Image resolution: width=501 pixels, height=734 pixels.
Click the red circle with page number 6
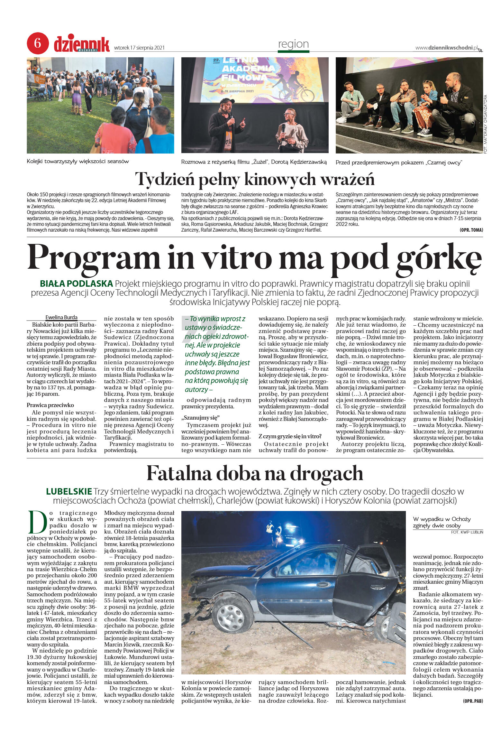[38, 43]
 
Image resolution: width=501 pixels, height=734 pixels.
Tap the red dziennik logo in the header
[81, 44]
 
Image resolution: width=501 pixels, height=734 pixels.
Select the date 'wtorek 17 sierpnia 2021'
[139, 48]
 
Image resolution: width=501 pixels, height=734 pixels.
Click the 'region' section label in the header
[293, 44]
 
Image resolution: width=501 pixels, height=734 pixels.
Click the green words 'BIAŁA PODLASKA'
[76, 283]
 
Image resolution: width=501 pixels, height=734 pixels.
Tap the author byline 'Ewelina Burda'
[61, 317]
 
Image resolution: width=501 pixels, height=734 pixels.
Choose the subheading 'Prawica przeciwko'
[50, 405]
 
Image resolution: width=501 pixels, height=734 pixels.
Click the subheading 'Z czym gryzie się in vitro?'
[290, 436]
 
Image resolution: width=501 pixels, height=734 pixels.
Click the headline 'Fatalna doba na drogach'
[255, 473]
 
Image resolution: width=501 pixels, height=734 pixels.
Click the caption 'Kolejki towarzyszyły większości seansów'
[78, 161]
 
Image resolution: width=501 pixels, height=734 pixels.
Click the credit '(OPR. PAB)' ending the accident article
[473, 701]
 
